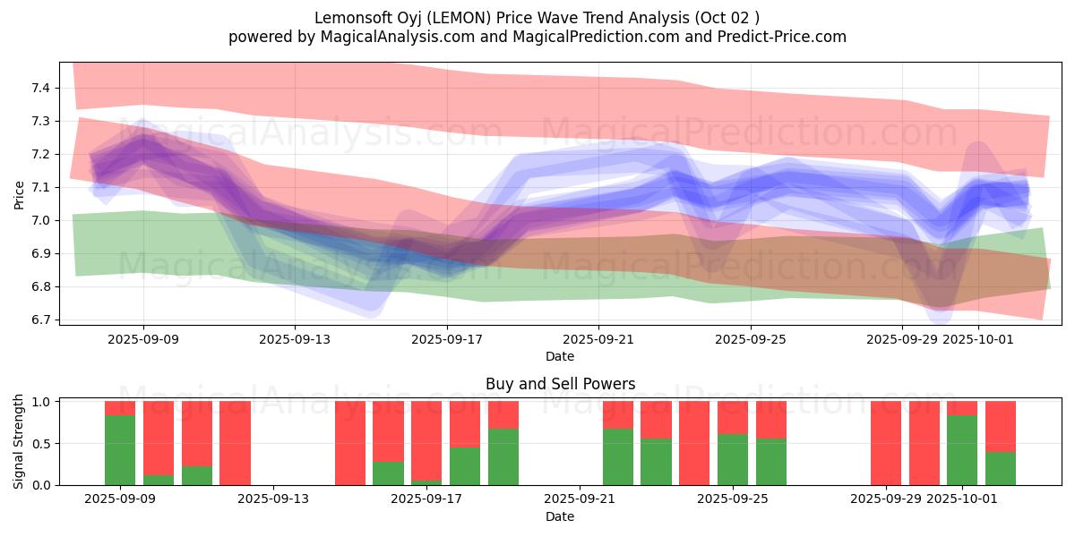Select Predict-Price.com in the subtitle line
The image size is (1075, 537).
(x=778, y=37)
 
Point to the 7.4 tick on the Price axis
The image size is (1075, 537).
(x=39, y=88)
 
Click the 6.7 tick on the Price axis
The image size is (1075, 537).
(x=39, y=320)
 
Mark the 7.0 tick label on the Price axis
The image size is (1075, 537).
(x=39, y=220)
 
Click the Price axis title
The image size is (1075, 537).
(x=20, y=193)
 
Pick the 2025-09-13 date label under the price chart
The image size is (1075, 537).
(x=296, y=339)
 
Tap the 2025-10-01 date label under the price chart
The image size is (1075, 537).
(x=978, y=339)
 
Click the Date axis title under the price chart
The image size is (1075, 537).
(x=560, y=356)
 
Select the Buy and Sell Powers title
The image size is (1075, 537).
(x=560, y=384)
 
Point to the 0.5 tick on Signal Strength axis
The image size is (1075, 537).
(x=42, y=443)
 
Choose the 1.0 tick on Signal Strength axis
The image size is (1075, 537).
(x=42, y=402)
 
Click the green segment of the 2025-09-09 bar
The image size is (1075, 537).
(x=120, y=450)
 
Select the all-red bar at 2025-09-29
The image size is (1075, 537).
(x=886, y=443)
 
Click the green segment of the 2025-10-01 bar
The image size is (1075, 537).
(x=962, y=450)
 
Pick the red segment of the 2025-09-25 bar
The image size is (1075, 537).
(x=733, y=417)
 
